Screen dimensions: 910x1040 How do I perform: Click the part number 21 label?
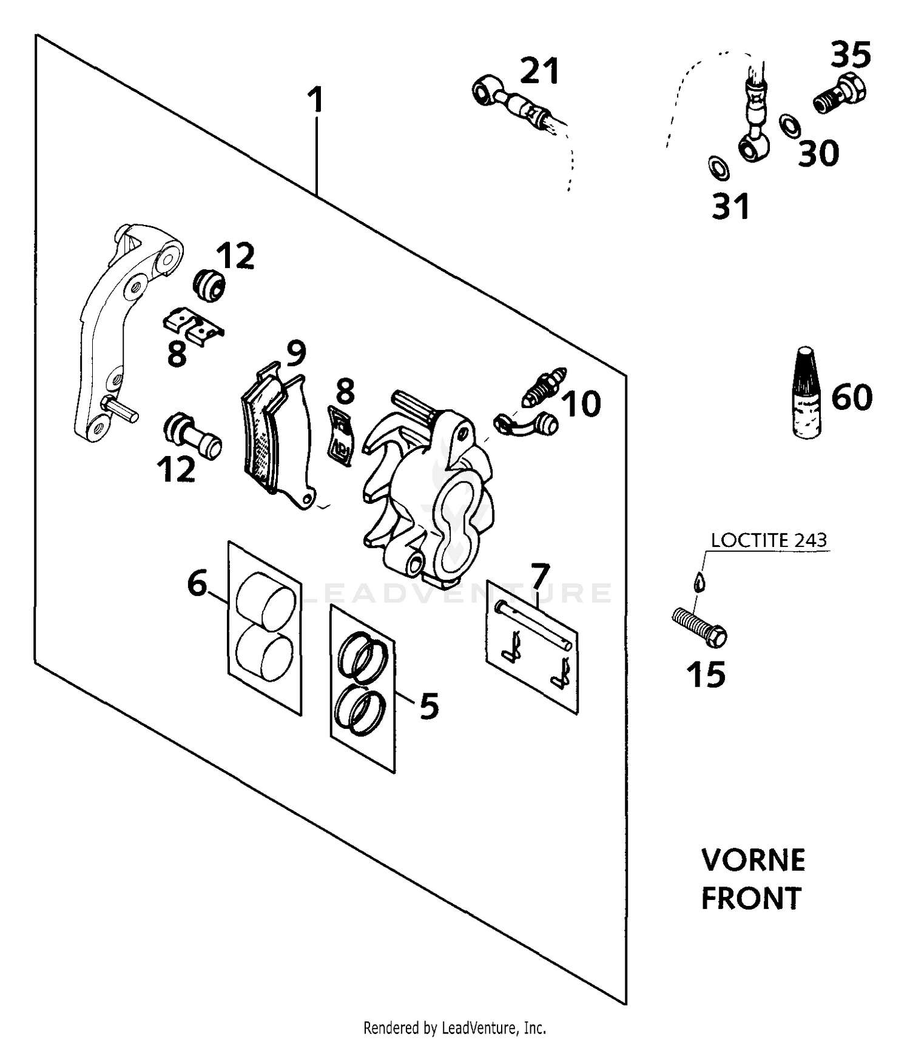click(x=540, y=71)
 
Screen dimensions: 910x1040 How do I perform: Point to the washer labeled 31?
click(x=719, y=167)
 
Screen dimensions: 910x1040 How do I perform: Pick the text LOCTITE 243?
click(x=769, y=540)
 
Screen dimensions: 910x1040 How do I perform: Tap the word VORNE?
click(x=753, y=861)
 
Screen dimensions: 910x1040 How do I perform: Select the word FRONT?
click(x=751, y=898)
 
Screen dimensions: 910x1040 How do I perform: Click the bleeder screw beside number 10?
click(x=544, y=387)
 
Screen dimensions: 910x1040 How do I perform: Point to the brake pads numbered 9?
click(x=278, y=436)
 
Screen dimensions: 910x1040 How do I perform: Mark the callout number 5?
click(x=430, y=705)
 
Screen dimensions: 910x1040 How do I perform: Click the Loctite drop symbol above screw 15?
click(x=699, y=582)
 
